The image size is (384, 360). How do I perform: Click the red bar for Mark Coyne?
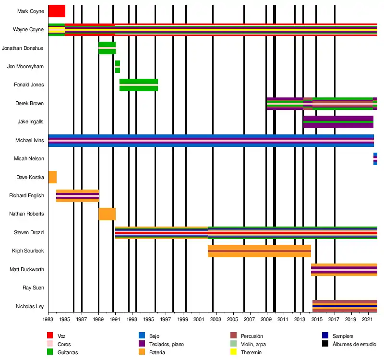pyautogui.click(x=57, y=11)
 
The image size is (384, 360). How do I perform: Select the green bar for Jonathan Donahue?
pyautogui.click(x=107, y=48)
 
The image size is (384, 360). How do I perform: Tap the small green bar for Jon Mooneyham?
pyautogui.click(x=118, y=67)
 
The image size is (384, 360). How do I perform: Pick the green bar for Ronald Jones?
pyautogui.click(x=139, y=84)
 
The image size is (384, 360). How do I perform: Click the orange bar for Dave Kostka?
pyautogui.click(x=52, y=177)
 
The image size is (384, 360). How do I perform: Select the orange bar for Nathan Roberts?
pyautogui.click(x=107, y=214)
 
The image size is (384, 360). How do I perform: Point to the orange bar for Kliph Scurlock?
pyautogui.click(x=259, y=251)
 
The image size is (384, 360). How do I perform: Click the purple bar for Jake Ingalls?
pyautogui.click(x=338, y=122)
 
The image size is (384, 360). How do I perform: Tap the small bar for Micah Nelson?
pyautogui.click(x=375, y=159)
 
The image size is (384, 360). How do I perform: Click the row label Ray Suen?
pyautogui.click(x=34, y=288)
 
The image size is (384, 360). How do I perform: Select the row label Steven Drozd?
pyautogui.click(x=30, y=233)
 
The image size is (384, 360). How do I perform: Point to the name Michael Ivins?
pyautogui.click(x=30, y=141)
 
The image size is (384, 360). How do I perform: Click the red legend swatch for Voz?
pyautogui.click(x=50, y=336)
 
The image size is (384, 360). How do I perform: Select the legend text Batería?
pyautogui.click(x=157, y=353)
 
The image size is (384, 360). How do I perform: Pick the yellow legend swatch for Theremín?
pyautogui.click(x=234, y=352)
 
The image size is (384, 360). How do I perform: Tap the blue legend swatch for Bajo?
pyautogui.click(x=141, y=336)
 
